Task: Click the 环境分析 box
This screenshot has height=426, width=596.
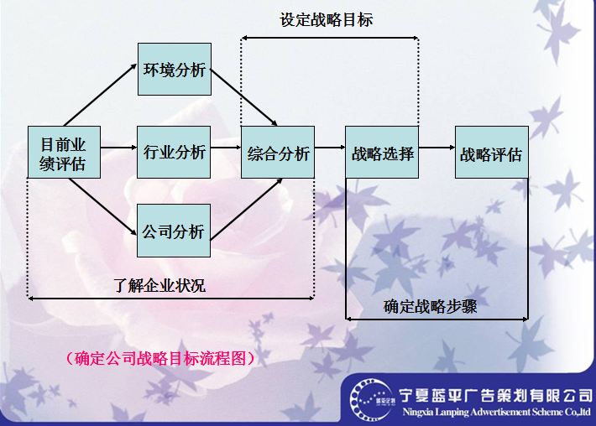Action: (x=174, y=70)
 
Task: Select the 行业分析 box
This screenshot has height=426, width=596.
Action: (x=174, y=152)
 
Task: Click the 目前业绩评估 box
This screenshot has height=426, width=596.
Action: (x=63, y=152)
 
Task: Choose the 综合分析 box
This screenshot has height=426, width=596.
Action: (x=278, y=153)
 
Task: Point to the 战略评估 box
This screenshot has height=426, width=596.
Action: (x=492, y=153)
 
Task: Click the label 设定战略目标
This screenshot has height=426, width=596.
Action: (x=327, y=20)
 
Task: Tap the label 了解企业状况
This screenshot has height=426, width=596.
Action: (x=159, y=285)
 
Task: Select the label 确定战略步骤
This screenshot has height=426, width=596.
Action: (x=431, y=306)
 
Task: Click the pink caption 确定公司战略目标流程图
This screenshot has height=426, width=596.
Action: (x=159, y=359)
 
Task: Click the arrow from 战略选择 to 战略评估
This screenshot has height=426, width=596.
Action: (x=437, y=153)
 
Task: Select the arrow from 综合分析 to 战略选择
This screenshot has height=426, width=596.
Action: (x=330, y=153)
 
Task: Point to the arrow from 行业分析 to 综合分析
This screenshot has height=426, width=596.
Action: (x=225, y=153)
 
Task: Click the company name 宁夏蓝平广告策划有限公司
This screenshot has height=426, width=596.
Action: (x=494, y=394)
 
